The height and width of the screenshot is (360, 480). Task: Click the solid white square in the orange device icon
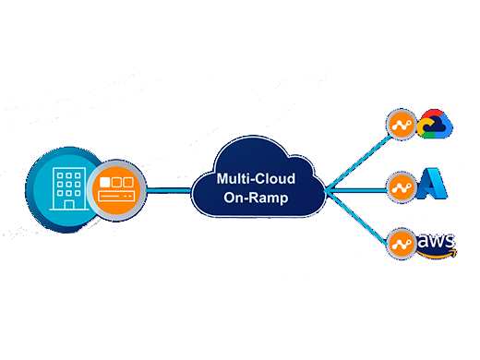[x=105, y=181]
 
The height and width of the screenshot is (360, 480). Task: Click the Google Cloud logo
[x=434, y=126]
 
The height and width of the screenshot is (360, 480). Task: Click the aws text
[x=436, y=241]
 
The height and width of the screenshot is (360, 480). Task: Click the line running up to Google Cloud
[x=360, y=158]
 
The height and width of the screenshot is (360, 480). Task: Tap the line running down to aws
[x=360, y=217]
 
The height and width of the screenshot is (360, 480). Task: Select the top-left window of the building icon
[x=60, y=174]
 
